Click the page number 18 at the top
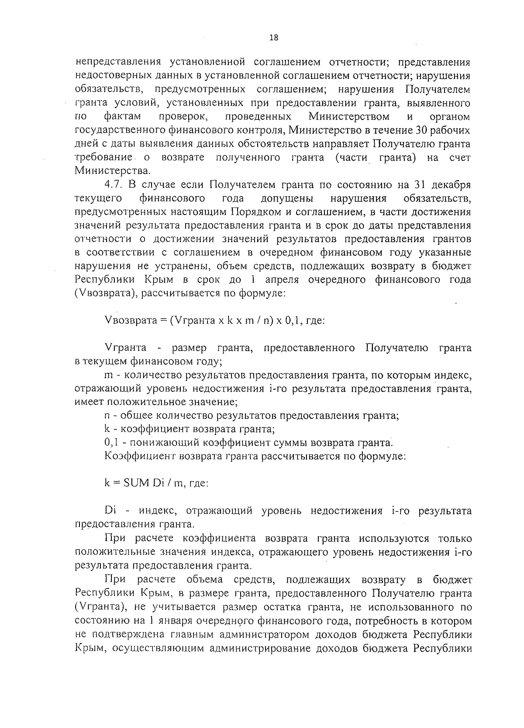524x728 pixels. [274, 38]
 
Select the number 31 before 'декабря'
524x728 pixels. [416, 185]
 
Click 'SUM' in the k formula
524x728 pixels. [138, 483]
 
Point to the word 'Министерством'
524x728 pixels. [349, 116]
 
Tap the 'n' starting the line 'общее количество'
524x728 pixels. [107, 416]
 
